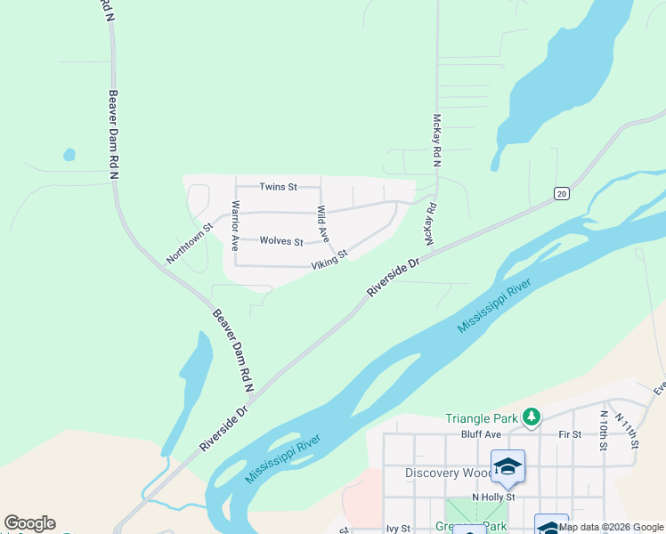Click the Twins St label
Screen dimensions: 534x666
coord(278,187)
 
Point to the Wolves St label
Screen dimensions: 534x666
coord(281,241)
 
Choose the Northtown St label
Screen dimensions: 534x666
coord(190,244)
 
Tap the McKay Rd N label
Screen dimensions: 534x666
coord(436,142)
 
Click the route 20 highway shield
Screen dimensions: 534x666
coord(561,193)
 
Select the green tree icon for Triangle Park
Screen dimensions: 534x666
coord(532,417)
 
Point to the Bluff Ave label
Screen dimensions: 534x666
coord(482,434)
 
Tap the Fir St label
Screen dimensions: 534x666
coord(570,434)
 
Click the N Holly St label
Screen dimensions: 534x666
coord(493,498)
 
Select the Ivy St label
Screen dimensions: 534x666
coord(397,529)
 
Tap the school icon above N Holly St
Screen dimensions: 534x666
coord(508,467)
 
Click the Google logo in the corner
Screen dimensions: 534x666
coord(29,523)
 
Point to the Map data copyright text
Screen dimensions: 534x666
coord(611,527)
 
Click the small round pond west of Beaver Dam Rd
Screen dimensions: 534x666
coord(69,155)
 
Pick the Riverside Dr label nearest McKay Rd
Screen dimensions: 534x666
coord(394,279)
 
